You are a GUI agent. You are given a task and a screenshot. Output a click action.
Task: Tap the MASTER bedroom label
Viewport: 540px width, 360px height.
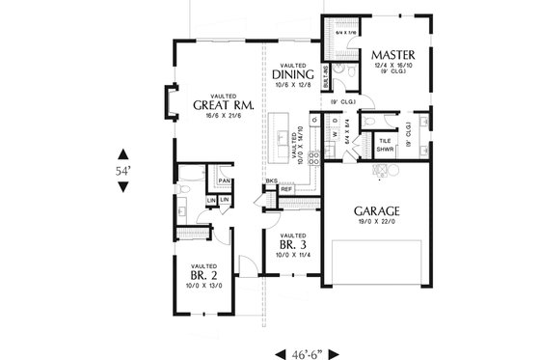[x=392, y=55]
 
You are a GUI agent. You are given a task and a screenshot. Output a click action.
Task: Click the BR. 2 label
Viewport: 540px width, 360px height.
[x=202, y=273]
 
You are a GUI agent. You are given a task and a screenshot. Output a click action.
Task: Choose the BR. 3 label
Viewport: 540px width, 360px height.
[x=293, y=245]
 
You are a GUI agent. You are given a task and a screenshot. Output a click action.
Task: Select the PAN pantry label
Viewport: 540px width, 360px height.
[x=223, y=180]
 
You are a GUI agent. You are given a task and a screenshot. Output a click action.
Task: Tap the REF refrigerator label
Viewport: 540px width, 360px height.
[x=286, y=189]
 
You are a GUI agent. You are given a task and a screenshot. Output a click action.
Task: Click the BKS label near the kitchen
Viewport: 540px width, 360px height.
[x=272, y=180]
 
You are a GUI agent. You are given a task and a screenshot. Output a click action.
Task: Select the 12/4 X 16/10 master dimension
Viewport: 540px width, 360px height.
[x=392, y=66]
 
